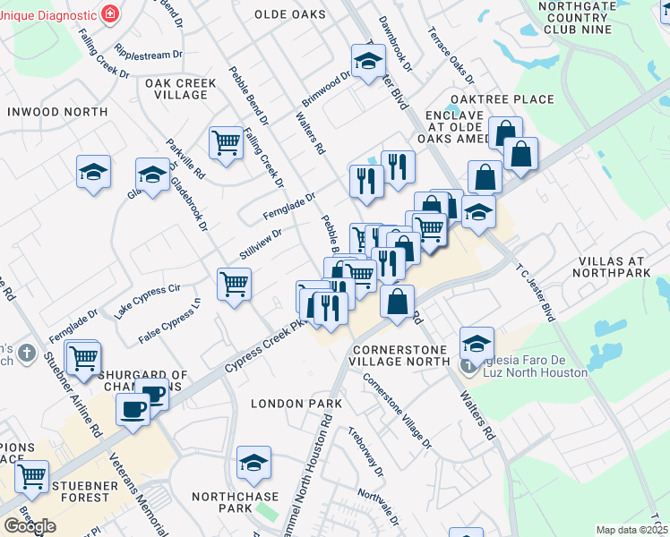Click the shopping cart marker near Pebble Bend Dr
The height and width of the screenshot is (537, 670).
[225, 141]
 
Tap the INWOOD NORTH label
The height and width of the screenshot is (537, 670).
[57, 112]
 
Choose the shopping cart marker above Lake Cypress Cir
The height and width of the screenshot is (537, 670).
[234, 285]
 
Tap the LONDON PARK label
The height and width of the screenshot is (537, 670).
[296, 404]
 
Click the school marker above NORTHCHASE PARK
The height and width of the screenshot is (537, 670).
[254, 463]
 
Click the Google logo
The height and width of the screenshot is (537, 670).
[30, 526]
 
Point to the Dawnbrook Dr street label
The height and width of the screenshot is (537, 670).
[395, 43]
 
